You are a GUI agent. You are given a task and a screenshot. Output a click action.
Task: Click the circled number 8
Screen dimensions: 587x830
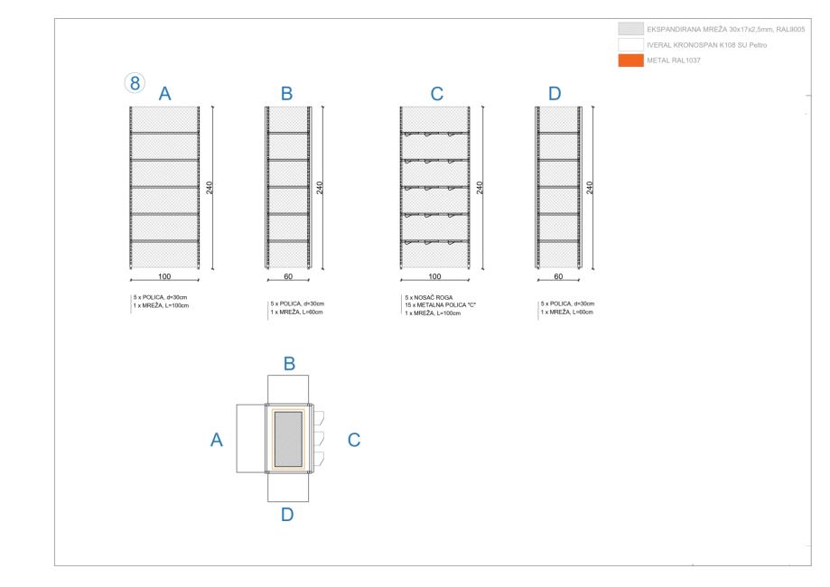click(x=135, y=82)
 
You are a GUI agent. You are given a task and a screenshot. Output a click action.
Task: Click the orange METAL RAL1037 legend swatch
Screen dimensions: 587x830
click(x=629, y=60)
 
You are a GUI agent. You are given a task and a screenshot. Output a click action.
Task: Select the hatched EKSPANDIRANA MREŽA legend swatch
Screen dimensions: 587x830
click(x=629, y=30)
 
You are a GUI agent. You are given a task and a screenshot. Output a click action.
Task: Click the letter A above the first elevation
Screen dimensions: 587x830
click(x=164, y=93)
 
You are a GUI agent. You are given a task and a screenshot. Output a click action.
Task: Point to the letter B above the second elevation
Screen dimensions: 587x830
click(x=287, y=93)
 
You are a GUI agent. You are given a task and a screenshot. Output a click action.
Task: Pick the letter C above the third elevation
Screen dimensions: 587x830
click(x=437, y=93)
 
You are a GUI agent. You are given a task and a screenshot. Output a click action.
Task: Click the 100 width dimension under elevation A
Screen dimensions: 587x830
click(x=164, y=275)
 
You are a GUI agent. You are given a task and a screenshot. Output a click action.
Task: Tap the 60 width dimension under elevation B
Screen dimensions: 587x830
click(x=287, y=275)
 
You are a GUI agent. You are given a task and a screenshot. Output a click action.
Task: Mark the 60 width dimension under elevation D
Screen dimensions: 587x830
click(x=557, y=275)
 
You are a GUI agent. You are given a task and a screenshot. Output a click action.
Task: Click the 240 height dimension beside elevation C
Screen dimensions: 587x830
click(x=480, y=187)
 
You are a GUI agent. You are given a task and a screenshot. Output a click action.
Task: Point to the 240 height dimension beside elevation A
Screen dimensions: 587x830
click(x=209, y=187)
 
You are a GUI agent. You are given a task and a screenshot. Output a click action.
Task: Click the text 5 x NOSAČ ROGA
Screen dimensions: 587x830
click(x=428, y=296)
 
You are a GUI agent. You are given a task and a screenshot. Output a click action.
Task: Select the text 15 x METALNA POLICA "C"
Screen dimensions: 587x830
click(x=440, y=304)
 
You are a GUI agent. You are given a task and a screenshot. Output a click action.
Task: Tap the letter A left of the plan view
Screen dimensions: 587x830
click(x=217, y=439)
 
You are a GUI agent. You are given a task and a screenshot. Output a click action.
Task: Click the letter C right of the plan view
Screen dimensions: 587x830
click(x=354, y=439)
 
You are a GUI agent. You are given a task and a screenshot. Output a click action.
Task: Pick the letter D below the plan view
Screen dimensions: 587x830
click(x=287, y=515)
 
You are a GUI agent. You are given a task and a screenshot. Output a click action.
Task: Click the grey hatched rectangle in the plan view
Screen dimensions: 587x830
click(x=288, y=439)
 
